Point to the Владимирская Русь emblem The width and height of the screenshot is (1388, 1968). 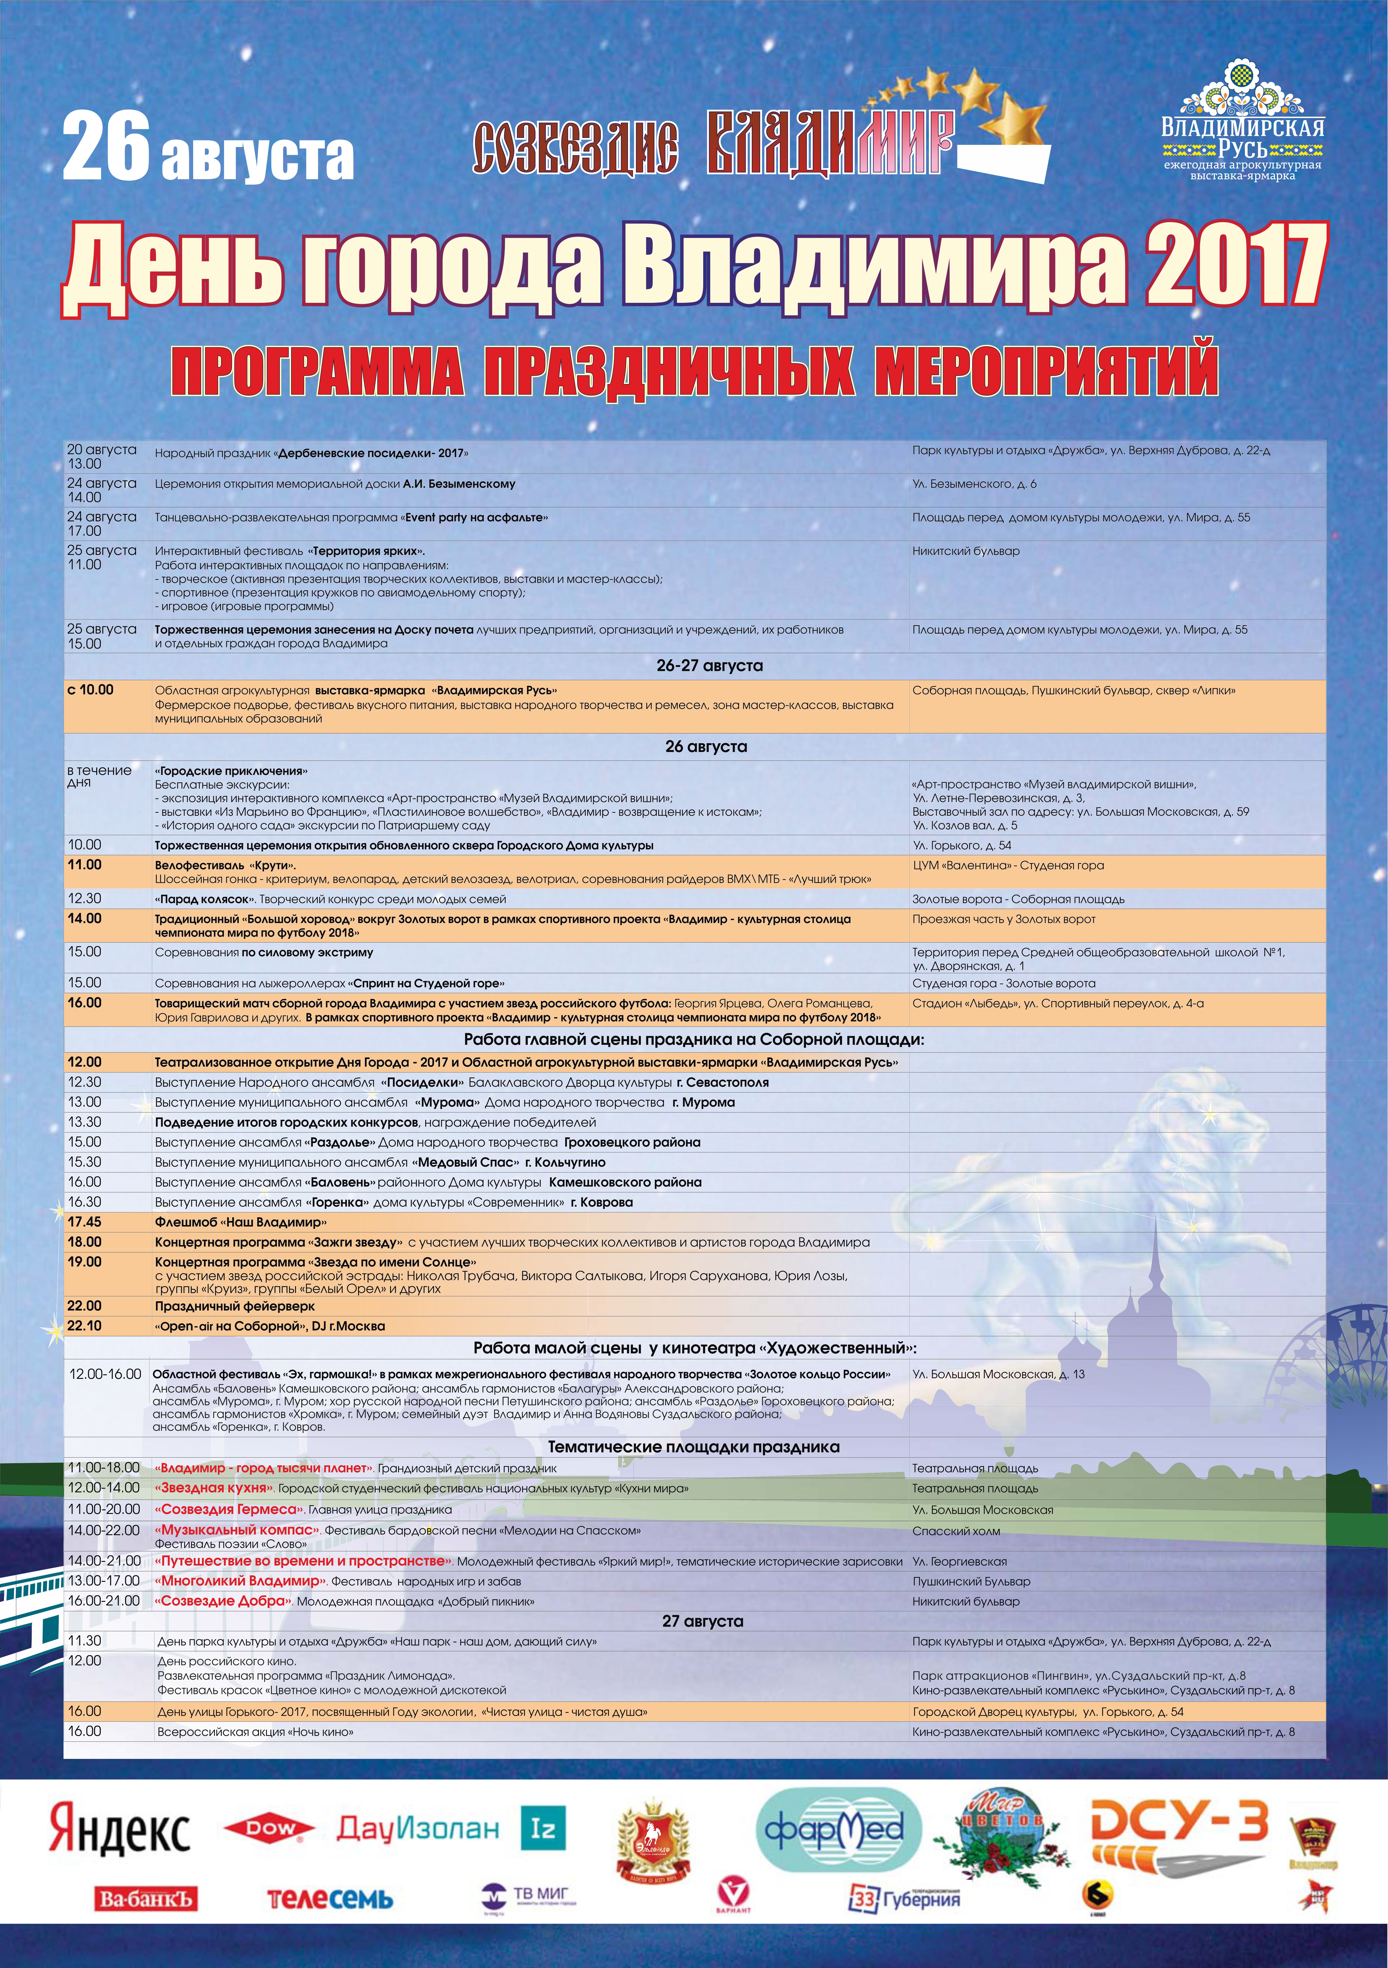pos(1242,120)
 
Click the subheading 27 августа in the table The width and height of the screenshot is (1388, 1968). pos(702,1621)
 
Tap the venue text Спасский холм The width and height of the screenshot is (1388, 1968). pos(956,1531)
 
